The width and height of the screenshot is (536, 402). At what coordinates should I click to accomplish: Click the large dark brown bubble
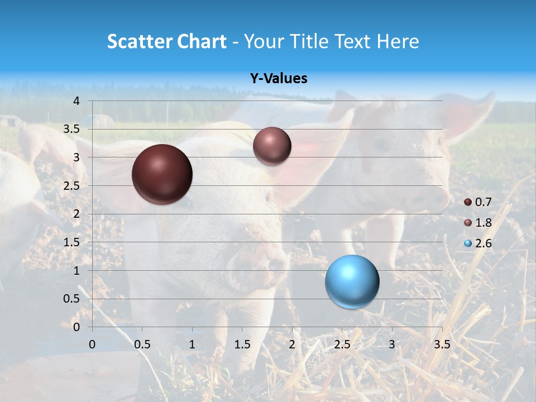(x=162, y=174)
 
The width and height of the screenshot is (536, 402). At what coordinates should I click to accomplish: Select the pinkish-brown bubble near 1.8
(x=272, y=146)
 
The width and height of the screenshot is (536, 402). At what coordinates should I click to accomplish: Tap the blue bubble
(x=352, y=281)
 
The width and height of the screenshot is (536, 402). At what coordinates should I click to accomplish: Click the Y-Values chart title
(x=279, y=79)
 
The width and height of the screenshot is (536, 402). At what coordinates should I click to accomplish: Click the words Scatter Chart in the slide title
(x=166, y=41)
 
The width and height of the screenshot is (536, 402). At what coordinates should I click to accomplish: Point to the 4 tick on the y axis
(x=76, y=101)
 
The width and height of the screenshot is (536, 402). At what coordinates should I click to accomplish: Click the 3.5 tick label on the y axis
(x=72, y=130)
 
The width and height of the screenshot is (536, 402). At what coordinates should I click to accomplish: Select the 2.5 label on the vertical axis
(x=72, y=186)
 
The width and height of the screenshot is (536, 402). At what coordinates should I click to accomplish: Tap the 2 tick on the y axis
(x=76, y=214)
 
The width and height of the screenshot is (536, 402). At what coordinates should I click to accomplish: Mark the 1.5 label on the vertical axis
(x=72, y=242)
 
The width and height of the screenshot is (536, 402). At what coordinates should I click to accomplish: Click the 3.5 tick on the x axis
(x=442, y=344)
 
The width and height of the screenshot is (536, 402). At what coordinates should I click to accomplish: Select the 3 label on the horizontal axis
(x=392, y=344)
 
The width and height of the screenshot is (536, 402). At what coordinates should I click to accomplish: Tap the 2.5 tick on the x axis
(x=342, y=344)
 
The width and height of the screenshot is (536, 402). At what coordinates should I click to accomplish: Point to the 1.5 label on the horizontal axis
(x=242, y=344)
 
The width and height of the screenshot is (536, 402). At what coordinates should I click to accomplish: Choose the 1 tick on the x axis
(x=192, y=344)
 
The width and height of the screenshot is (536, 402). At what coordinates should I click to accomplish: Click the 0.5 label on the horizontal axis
(x=142, y=344)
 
